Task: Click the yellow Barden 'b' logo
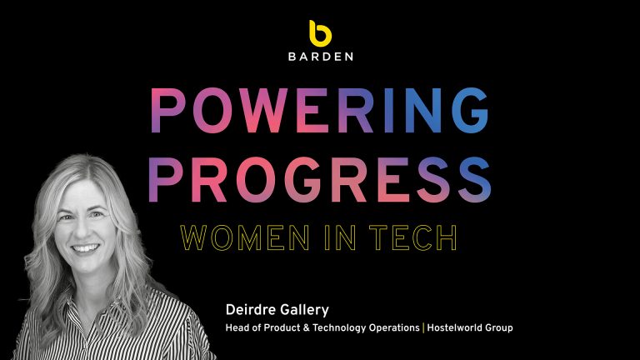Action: coord(320,33)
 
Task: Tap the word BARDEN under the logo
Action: coord(320,57)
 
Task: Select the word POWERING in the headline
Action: coord(320,111)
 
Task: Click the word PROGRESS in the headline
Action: coord(320,180)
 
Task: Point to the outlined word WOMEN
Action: coord(245,237)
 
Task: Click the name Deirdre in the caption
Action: coord(249,310)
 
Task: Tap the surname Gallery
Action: coord(302,311)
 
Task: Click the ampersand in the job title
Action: coord(307,327)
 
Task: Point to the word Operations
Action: coord(394,328)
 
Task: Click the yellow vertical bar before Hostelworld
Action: coord(423,327)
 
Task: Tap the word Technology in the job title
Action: coord(339,328)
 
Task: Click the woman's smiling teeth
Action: coord(85,248)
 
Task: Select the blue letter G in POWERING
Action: coord(471,111)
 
